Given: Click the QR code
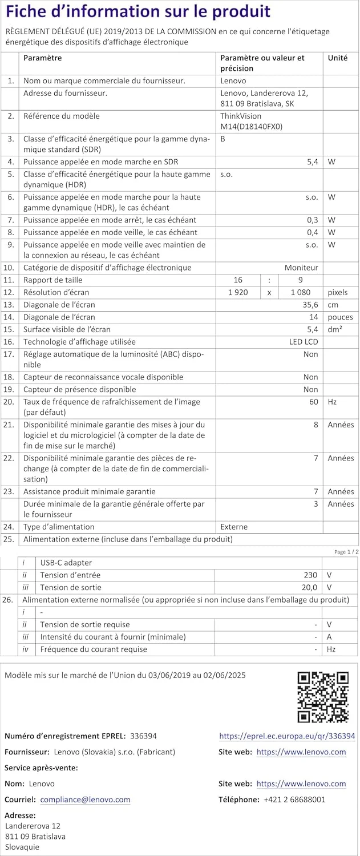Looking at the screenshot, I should coord(323,697).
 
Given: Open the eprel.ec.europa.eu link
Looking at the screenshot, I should coord(287,736).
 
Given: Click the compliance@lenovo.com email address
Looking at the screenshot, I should coord(85,800).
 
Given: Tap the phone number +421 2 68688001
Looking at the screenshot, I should coord(294,800).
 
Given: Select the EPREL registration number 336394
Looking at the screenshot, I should coord(143,736).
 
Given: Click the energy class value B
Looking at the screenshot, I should coord(223,139).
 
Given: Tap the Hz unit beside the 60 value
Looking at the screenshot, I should coord(332,402).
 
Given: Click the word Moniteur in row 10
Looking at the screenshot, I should coord(301,268).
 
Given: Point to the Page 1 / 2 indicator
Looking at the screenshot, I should coord(346,552).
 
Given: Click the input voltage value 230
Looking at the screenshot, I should coord(310,575).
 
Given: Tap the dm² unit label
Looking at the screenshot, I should coord(334,329).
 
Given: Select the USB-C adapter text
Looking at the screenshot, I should coord(66,563).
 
